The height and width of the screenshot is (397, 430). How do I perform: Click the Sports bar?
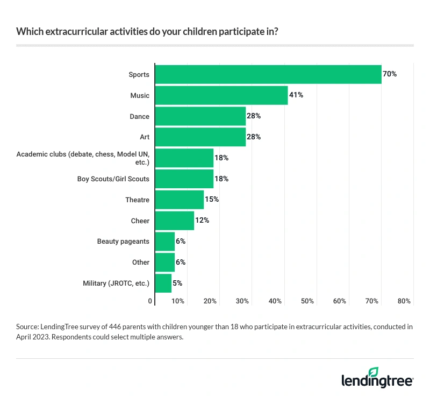tap(268, 74)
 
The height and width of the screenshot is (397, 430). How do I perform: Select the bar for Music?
tap(221, 95)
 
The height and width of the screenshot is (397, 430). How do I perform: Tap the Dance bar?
tap(200, 116)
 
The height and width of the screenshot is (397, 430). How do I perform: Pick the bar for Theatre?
tap(180, 200)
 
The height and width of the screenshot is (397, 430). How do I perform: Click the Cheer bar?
tap(175, 221)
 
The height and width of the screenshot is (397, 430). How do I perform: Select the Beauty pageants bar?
tap(165, 242)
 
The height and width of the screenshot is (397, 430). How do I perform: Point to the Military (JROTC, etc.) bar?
tap(163, 283)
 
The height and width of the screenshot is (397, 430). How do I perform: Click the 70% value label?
tap(390, 74)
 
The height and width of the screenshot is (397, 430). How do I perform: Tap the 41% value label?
tap(296, 95)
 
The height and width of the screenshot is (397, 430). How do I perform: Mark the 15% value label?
tap(212, 200)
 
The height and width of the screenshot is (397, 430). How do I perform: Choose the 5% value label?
tap(178, 283)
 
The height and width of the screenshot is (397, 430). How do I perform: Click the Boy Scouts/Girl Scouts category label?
tap(113, 179)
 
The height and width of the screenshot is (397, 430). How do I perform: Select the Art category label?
tap(144, 137)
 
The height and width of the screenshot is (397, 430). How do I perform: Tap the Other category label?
tap(140, 263)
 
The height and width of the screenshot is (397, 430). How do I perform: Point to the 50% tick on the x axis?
tap(307, 301)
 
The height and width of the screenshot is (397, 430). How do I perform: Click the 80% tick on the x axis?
tap(404, 301)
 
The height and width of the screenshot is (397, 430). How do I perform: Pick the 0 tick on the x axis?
tap(150, 301)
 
